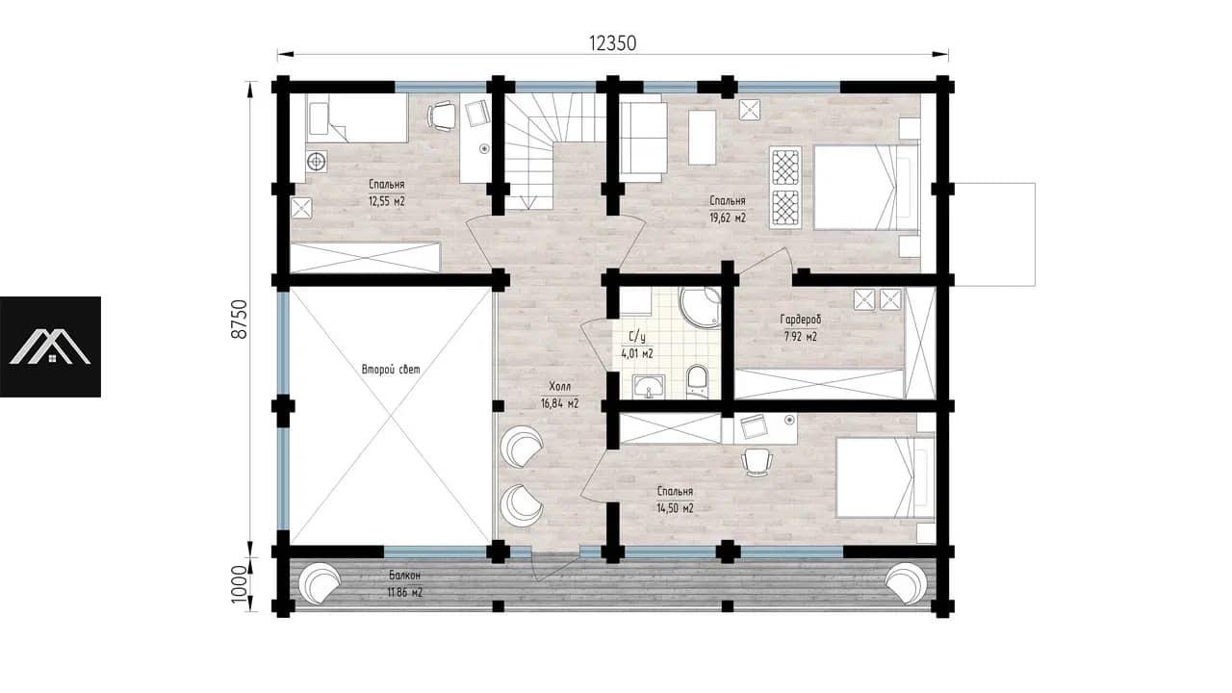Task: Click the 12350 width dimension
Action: [x=612, y=43]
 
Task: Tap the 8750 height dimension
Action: [x=240, y=319]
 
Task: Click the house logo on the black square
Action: [x=50, y=347]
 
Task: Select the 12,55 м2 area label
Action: [x=387, y=201]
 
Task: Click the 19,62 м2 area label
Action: [x=727, y=218]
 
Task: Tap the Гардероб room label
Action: [x=800, y=319]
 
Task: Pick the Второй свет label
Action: [x=391, y=369]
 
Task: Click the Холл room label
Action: [x=560, y=387]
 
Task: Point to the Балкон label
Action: [x=405, y=576]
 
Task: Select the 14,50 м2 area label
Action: [x=675, y=508]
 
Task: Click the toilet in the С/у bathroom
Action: [x=698, y=380]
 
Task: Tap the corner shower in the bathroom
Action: [x=700, y=307]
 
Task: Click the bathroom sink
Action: [x=649, y=386]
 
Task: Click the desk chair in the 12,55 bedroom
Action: [x=442, y=116]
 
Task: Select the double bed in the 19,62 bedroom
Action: [x=865, y=187]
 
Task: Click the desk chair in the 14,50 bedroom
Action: [x=757, y=462]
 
